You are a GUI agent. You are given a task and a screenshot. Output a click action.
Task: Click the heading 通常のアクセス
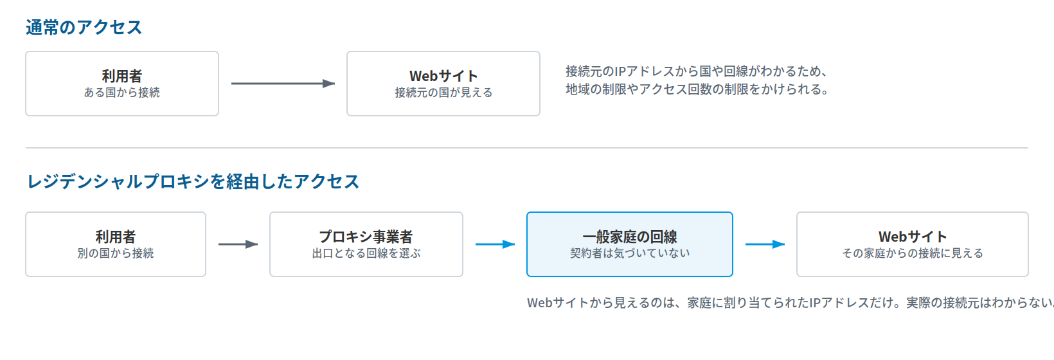coord(84,27)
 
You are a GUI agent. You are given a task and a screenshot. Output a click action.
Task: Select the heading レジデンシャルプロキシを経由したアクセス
coord(193,181)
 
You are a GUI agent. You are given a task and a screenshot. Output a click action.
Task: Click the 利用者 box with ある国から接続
coord(122,84)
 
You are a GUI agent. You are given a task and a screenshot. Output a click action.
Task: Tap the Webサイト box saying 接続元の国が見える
coord(443,84)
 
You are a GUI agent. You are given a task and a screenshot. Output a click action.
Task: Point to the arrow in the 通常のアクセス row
coord(283,84)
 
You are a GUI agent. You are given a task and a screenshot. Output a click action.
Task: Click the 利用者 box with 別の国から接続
coord(116,244)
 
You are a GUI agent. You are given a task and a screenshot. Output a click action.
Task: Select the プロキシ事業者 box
coord(366,244)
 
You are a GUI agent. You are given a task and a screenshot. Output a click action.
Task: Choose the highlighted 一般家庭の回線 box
coord(630,244)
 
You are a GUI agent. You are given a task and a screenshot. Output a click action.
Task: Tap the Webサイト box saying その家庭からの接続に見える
coord(913,244)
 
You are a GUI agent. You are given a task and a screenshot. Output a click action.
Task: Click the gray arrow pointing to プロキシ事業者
coord(238,244)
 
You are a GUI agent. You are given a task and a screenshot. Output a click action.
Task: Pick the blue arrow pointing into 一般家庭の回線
coord(495,244)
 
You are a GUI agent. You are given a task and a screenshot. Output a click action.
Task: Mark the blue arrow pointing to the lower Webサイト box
coord(765,244)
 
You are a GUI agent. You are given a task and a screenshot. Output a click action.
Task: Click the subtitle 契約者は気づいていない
coord(630,253)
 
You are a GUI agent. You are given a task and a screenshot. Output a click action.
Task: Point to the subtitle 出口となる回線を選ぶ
coord(366,253)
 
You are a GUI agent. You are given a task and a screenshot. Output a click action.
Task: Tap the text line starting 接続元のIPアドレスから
coord(697,71)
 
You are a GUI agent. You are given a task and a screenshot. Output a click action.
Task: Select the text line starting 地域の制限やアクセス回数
coord(697,89)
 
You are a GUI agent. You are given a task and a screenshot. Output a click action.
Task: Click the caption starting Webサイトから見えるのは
coord(790,303)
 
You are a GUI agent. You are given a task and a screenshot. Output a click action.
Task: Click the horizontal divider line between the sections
coord(527,148)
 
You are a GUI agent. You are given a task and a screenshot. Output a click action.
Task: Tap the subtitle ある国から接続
coord(122,93)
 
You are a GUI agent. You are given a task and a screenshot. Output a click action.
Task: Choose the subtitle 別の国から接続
coord(116,253)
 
